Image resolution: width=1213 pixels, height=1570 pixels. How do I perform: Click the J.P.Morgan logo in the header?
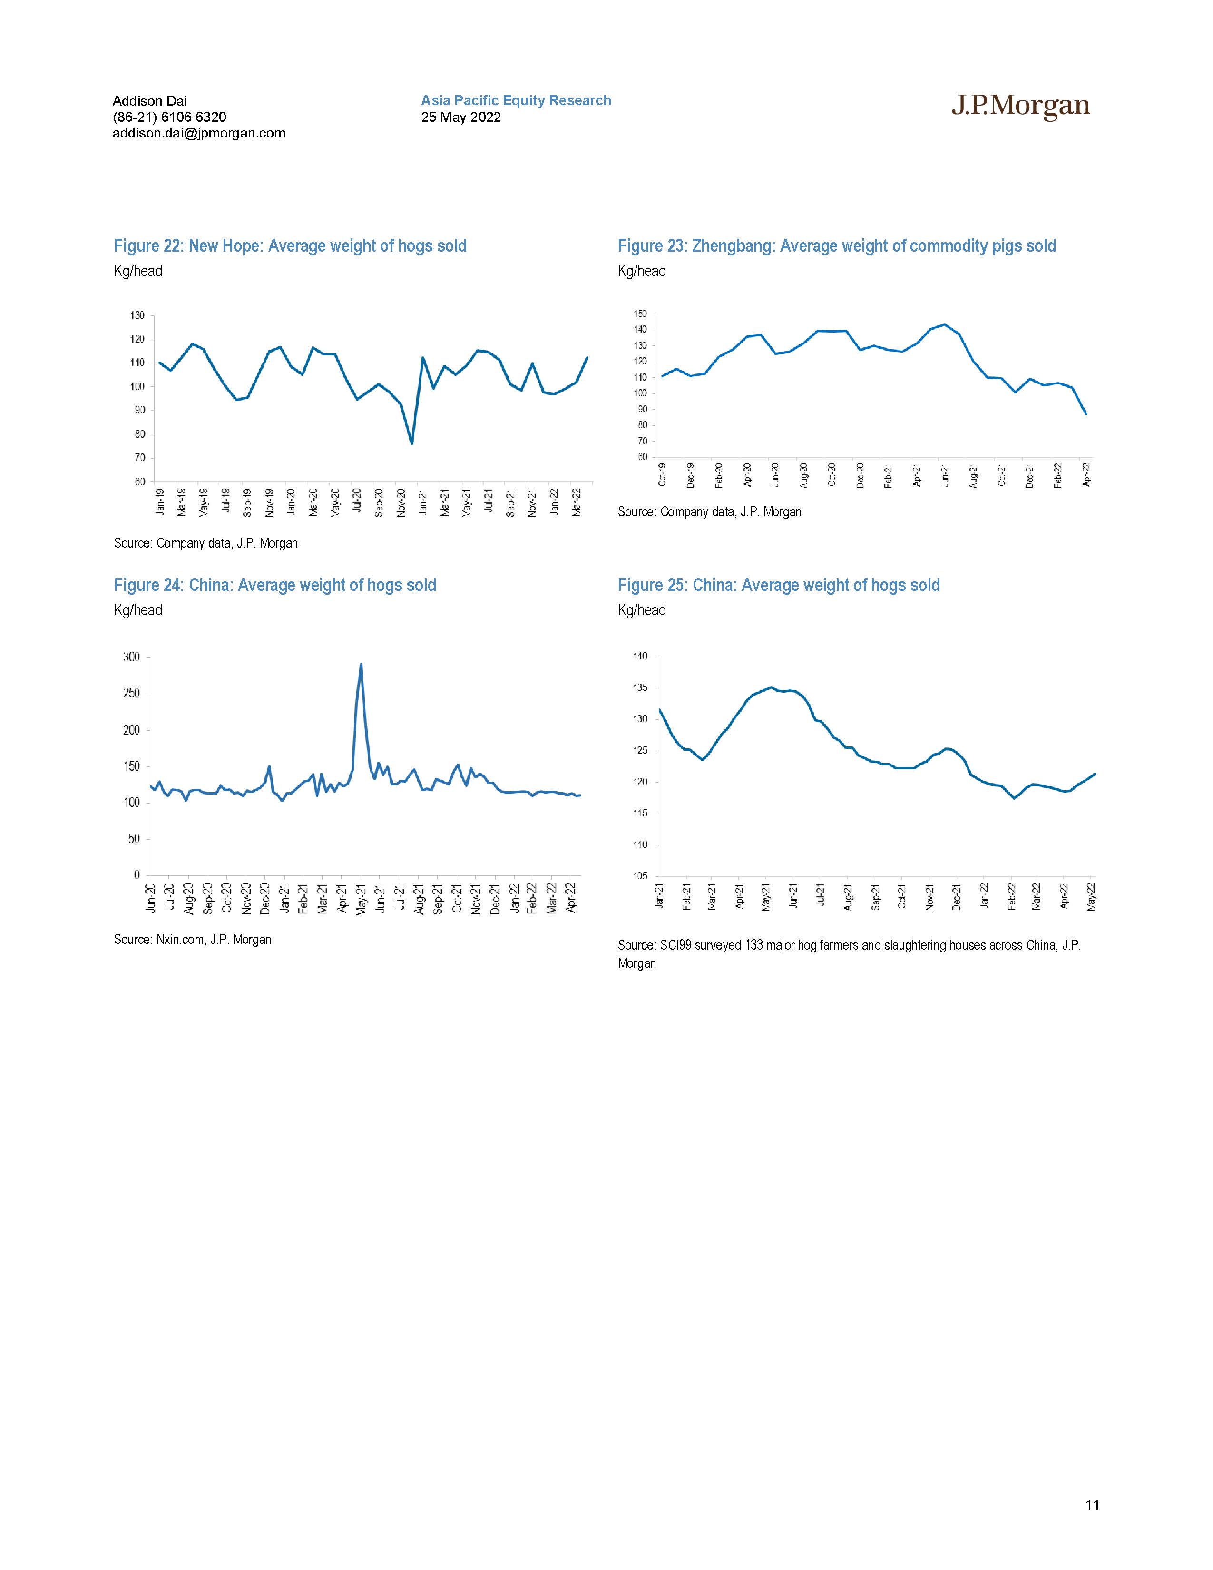pyautogui.click(x=1020, y=107)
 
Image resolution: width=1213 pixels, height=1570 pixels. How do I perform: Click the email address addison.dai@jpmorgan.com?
pyautogui.click(x=199, y=133)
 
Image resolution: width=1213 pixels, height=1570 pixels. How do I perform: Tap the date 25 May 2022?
pyautogui.click(x=460, y=117)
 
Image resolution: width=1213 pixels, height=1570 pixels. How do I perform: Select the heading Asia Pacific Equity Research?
pyautogui.click(x=516, y=101)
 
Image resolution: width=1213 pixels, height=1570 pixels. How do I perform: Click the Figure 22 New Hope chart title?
pyautogui.click(x=290, y=246)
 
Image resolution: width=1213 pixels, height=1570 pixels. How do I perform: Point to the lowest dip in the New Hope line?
pyautogui.click(x=412, y=443)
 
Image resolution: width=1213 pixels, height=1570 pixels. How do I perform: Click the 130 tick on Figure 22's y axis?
pyautogui.click(x=138, y=315)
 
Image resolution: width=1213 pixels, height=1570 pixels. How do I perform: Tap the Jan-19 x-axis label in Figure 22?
pyautogui.click(x=160, y=502)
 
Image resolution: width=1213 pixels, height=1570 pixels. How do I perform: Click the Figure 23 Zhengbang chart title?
pyautogui.click(x=836, y=246)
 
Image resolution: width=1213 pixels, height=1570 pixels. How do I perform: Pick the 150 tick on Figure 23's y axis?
pyautogui.click(x=640, y=314)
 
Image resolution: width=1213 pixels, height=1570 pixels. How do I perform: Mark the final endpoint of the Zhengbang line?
pyautogui.click(x=1086, y=414)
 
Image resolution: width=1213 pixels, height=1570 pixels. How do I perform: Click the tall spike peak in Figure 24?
pyautogui.click(x=361, y=664)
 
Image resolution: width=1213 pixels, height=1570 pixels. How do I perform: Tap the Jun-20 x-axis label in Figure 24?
pyautogui.click(x=151, y=899)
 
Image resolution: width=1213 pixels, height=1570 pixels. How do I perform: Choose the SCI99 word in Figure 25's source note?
pyautogui.click(x=675, y=945)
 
